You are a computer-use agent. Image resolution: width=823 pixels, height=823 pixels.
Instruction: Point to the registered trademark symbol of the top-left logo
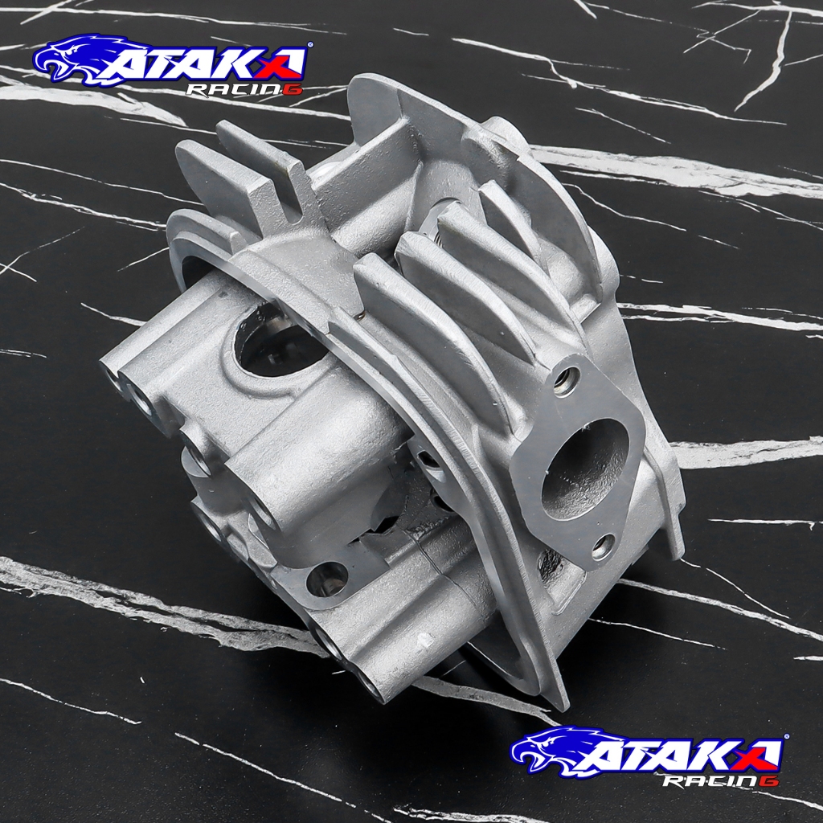(x=309, y=45)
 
